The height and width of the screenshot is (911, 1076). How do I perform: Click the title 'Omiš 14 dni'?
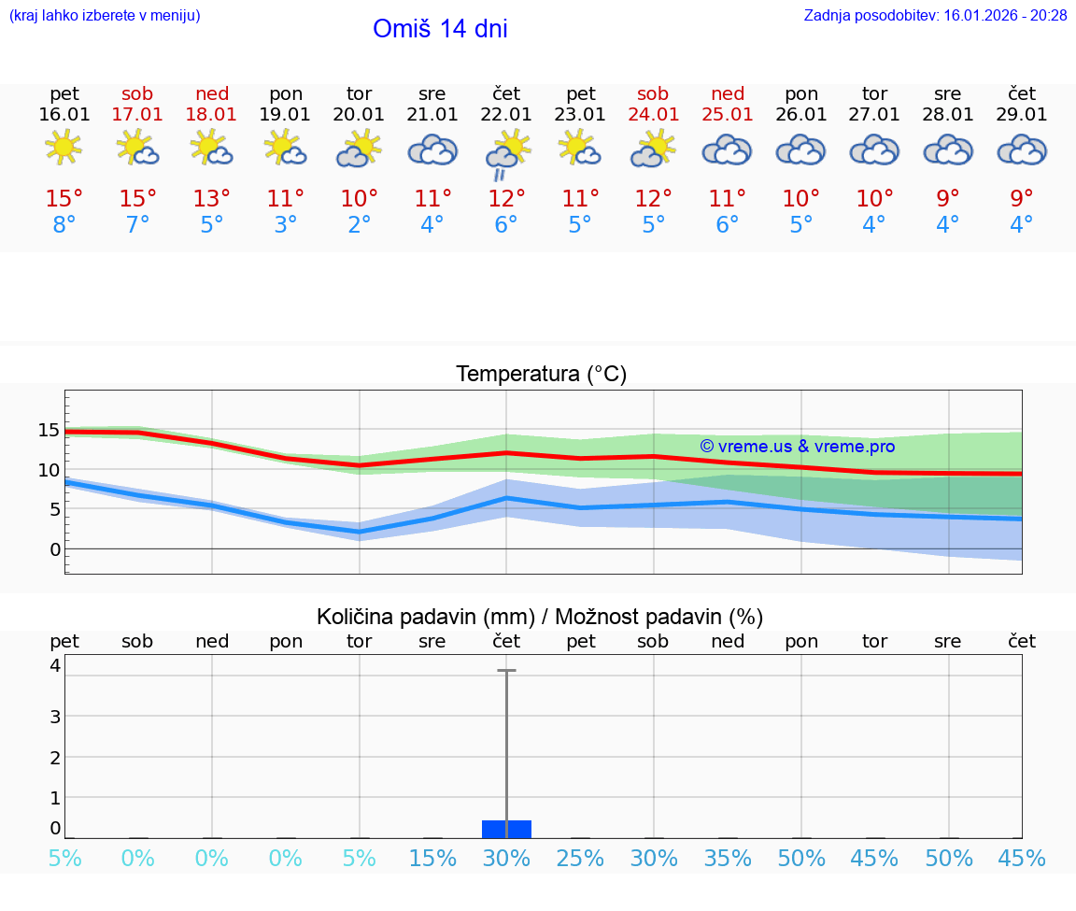(x=440, y=29)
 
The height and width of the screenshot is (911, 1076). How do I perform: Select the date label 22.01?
(x=506, y=115)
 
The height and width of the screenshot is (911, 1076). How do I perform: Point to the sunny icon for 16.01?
(x=64, y=148)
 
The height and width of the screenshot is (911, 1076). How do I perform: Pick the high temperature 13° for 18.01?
(x=212, y=199)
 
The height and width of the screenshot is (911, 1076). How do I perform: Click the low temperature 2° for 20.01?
(x=360, y=225)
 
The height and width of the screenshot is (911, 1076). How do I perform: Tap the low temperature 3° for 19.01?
(x=286, y=225)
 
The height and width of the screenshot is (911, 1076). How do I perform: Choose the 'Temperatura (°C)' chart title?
(x=541, y=375)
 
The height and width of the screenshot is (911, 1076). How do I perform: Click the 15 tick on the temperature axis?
(x=50, y=431)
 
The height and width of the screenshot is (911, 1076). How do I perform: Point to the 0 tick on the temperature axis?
(x=55, y=549)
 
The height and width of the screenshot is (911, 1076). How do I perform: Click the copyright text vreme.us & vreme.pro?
(x=798, y=447)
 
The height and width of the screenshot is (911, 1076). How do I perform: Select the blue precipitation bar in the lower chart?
(x=506, y=829)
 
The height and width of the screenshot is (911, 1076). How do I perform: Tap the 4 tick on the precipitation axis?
(x=55, y=665)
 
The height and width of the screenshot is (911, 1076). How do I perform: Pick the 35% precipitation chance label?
(x=728, y=859)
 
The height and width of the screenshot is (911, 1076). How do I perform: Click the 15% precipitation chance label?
(x=432, y=859)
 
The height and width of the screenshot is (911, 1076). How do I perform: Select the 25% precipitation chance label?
(x=580, y=859)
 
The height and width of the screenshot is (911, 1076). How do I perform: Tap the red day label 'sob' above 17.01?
(x=137, y=93)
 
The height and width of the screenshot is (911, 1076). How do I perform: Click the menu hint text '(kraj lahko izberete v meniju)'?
(x=105, y=16)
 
